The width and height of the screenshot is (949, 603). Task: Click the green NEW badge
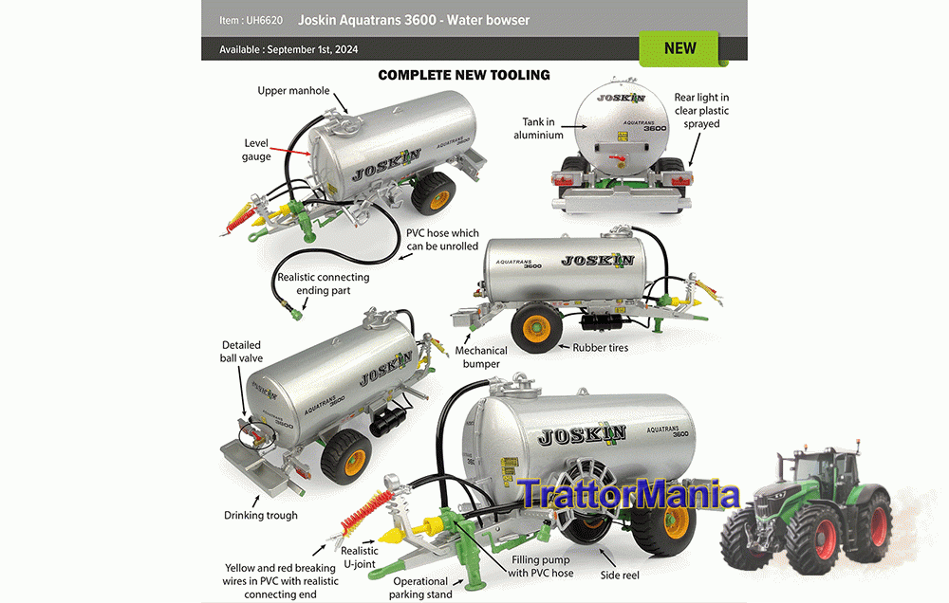tap(679, 48)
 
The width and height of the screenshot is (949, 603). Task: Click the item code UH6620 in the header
tap(264, 21)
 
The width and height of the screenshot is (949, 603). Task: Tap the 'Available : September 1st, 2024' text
tap(288, 49)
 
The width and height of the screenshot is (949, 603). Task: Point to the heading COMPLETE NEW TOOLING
tap(464, 75)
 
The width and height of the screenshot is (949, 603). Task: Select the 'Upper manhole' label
tap(293, 91)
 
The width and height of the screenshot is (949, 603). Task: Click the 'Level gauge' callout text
tap(256, 150)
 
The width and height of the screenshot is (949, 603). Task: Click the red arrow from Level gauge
tap(291, 151)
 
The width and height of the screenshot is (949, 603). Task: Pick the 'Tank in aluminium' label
tap(538, 128)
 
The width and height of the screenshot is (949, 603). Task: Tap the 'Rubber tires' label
tap(601, 348)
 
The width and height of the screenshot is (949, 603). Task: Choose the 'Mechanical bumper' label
tap(481, 356)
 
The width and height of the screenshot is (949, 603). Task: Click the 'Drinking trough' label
tap(261, 516)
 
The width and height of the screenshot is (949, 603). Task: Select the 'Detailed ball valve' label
tap(241, 352)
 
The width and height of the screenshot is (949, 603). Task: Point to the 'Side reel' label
tap(619, 576)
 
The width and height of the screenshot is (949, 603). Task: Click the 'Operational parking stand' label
tap(420, 588)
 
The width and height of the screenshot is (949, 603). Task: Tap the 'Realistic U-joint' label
tap(360, 557)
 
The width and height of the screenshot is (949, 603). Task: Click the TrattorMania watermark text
tap(629, 495)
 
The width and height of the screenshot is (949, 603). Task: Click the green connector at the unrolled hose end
tap(296, 315)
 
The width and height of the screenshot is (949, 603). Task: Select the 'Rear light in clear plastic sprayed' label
tap(701, 111)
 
